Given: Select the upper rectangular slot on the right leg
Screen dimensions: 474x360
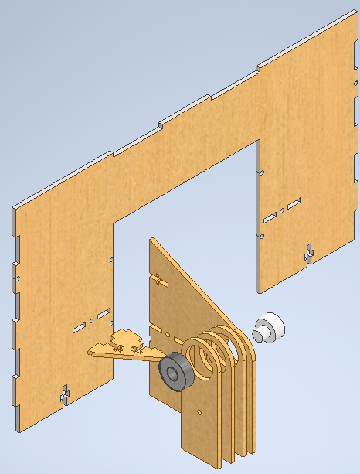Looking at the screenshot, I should click(x=294, y=203).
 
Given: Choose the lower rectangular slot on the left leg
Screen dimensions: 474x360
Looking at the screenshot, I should click(x=80, y=328).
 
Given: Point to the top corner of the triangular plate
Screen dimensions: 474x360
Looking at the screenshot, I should click(x=151, y=240).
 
